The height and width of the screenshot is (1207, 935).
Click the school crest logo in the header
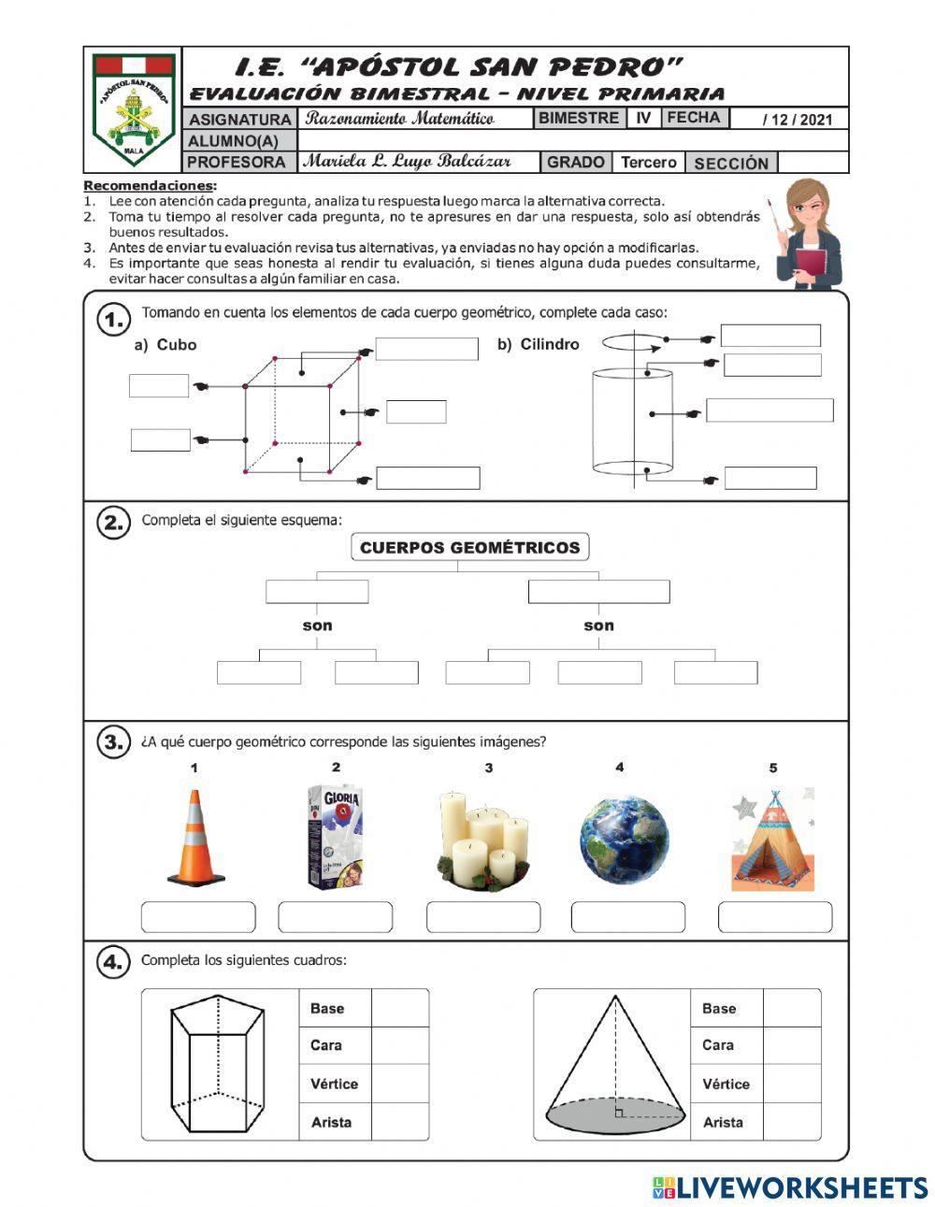[x=135, y=109]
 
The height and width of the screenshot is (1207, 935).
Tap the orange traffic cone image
[x=195, y=838]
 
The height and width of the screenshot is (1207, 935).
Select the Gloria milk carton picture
[x=335, y=836]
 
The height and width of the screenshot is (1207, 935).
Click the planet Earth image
[x=624, y=837]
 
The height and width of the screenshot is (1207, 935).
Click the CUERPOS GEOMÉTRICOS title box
[x=469, y=548]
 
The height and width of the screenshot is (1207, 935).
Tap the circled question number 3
[x=112, y=743]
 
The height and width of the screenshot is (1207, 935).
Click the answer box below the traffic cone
[x=197, y=917]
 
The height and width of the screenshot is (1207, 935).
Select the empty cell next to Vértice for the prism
[x=399, y=1084]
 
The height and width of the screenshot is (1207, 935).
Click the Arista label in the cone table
[x=723, y=1122]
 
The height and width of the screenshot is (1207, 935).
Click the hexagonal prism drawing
[x=218, y=1065]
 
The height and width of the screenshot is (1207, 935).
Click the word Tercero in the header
[x=648, y=163]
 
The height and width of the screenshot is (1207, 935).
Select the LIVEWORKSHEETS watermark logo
[x=789, y=1187]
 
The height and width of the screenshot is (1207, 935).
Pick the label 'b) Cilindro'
[x=538, y=344]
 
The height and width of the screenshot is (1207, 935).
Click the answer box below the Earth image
[x=627, y=917]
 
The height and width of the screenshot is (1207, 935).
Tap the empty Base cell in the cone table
[x=791, y=1008]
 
